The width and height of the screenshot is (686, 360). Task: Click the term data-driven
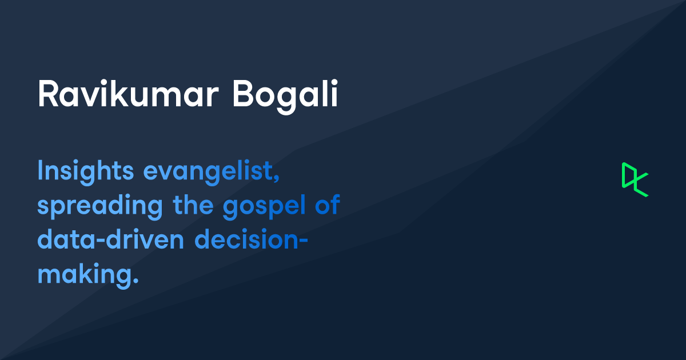point(110,241)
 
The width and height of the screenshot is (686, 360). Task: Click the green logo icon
point(635,179)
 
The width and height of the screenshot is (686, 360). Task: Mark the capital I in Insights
point(41,171)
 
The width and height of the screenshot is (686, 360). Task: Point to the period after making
point(135,282)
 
